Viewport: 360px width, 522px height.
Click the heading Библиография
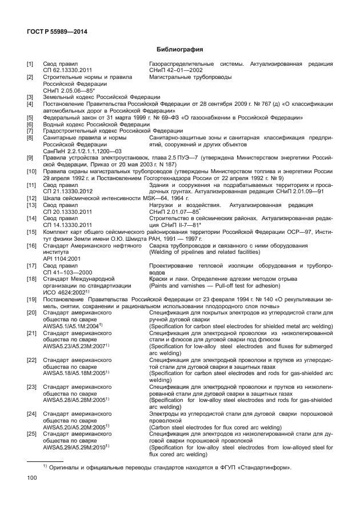click(181, 50)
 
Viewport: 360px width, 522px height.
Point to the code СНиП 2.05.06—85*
click(65, 90)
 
